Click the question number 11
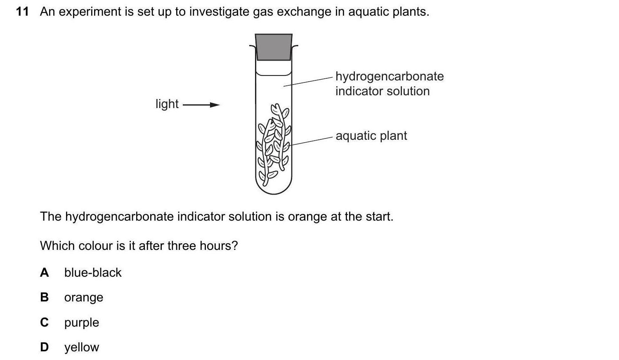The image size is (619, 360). pos(22,12)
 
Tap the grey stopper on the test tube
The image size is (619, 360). pos(274,47)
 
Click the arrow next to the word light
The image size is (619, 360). pos(201,105)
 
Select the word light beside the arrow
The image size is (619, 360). pos(167,104)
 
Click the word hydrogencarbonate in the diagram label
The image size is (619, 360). pos(389,76)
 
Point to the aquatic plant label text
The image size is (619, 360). pos(371,136)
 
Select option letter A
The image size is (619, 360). pos(44,273)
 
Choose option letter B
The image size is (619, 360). pos(44,297)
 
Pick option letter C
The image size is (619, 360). pos(44,322)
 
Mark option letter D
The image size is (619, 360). pos(44,347)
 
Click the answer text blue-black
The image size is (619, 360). pos(93,273)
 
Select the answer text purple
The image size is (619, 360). pos(82,322)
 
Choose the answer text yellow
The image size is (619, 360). pos(82,347)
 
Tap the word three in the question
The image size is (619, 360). pos(181,246)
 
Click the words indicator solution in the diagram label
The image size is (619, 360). pos(382,91)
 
